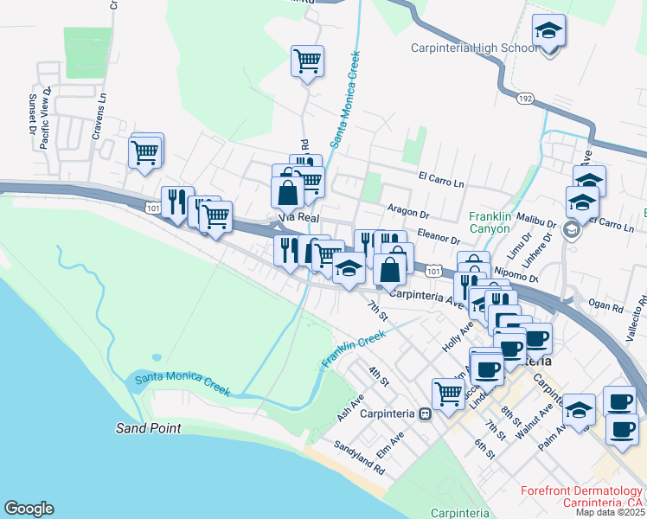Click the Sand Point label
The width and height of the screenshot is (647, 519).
[x=149, y=428]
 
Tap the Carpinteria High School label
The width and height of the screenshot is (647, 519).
[x=474, y=48]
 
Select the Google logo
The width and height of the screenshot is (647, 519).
[x=28, y=509]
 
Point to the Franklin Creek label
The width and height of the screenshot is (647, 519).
[x=353, y=349]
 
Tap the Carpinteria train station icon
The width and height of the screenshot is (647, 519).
[x=425, y=413]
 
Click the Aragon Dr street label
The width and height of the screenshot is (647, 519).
[x=409, y=212]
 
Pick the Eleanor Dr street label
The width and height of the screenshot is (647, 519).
[x=438, y=236]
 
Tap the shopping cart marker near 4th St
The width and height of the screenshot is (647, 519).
[x=448, y=394]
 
